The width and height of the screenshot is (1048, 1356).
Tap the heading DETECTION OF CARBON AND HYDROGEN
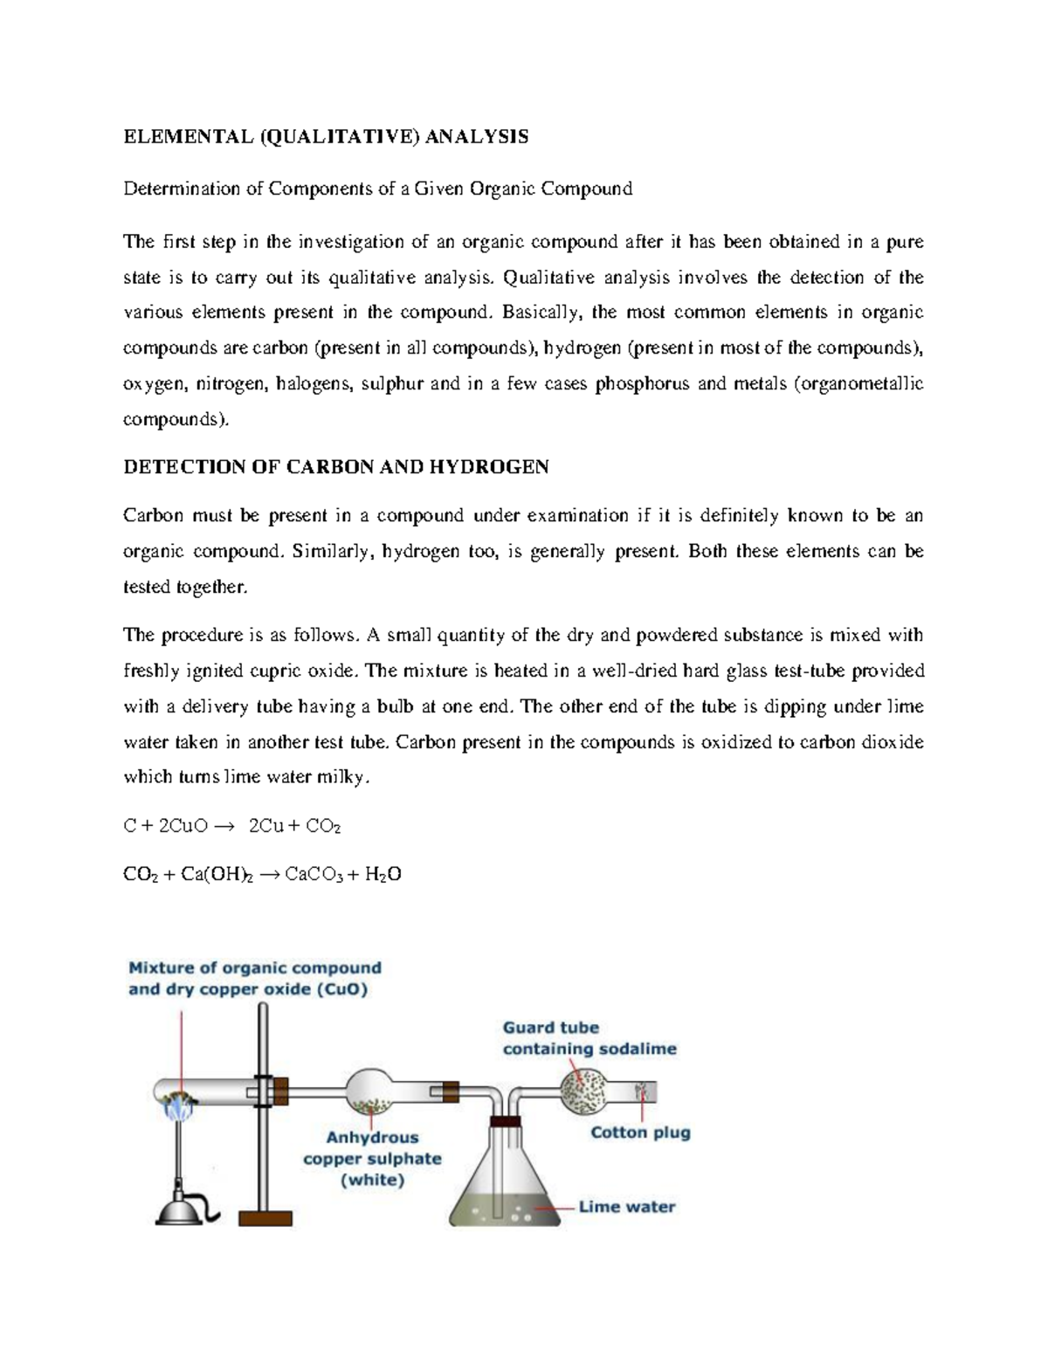(335, 467)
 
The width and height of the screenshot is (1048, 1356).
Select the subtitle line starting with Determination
(377, 189)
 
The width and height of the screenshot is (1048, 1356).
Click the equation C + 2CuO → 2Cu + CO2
(231, 826)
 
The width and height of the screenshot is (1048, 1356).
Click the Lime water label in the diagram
(627, 1207)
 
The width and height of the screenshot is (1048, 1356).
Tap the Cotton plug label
(640, 1132)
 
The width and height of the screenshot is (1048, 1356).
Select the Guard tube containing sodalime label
(589, 1038)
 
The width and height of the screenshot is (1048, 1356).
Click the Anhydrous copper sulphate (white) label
(372, 1159)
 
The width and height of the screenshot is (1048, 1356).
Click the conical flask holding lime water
(505, 1187)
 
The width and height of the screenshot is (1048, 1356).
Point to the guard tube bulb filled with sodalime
(583, 1091)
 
